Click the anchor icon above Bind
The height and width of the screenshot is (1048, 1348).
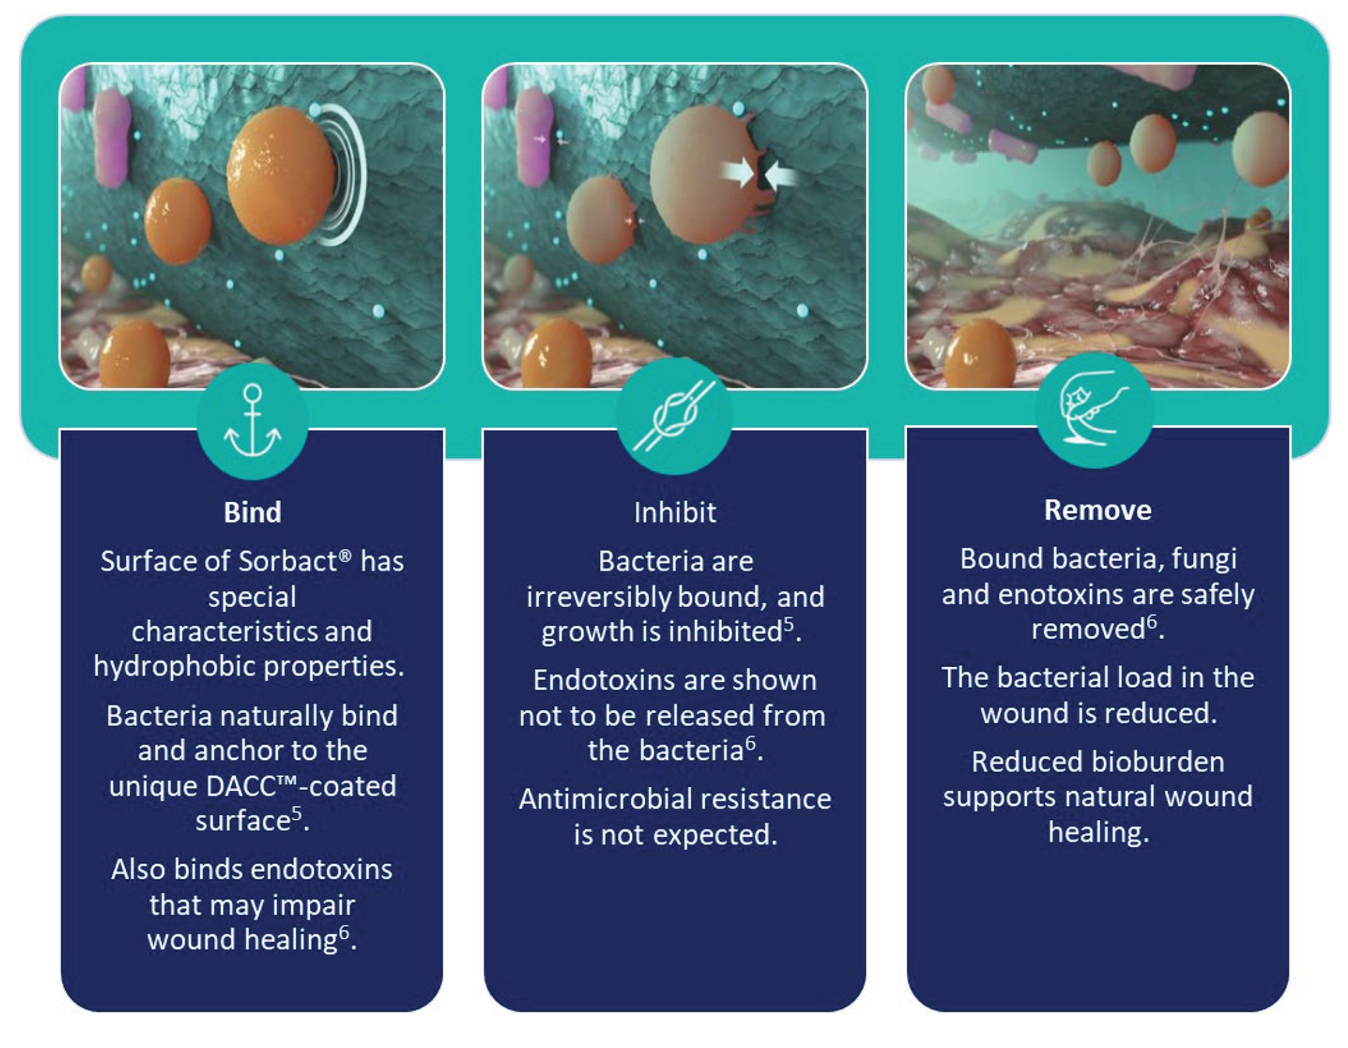252,421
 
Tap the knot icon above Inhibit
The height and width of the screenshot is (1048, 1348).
674,415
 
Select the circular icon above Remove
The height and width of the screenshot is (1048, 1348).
1095,409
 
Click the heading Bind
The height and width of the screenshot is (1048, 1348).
252,513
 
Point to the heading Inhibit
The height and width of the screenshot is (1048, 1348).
675,513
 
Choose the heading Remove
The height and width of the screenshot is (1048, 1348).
1097,510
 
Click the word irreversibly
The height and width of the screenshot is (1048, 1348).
599,597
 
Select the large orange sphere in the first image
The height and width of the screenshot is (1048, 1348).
281,177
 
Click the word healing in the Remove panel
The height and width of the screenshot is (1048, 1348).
1099,832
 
